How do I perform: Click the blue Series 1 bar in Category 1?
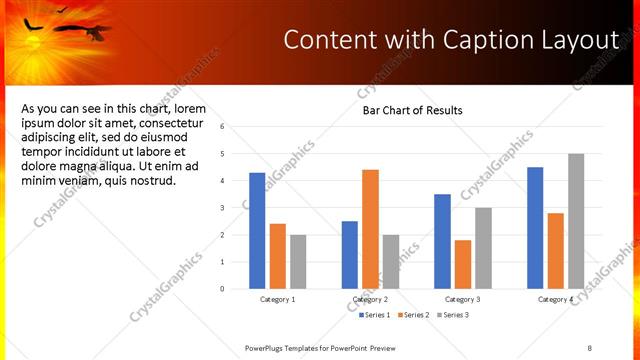[257, 231]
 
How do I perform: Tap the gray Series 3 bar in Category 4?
[576, 221]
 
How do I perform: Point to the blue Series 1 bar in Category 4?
[535, 228]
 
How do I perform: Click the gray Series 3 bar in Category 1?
[298, 262]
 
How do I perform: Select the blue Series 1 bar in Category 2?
[350, 255]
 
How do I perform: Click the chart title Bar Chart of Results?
[412, 110]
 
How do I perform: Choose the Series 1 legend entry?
[375, 315]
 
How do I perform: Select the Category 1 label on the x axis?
[277, 299]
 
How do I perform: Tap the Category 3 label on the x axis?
[463, 299]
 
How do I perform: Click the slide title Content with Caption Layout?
[451, 39]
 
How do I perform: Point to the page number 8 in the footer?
[589, 347]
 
